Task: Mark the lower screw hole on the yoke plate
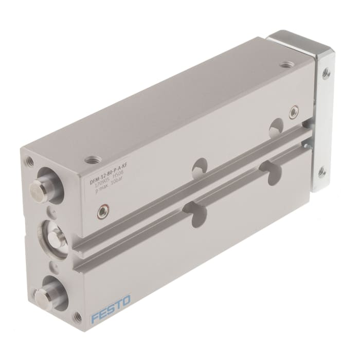pos(322,171)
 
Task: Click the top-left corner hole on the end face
pos(30,161)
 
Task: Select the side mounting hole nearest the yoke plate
pos(277,125)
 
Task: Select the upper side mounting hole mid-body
pos(199,166)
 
